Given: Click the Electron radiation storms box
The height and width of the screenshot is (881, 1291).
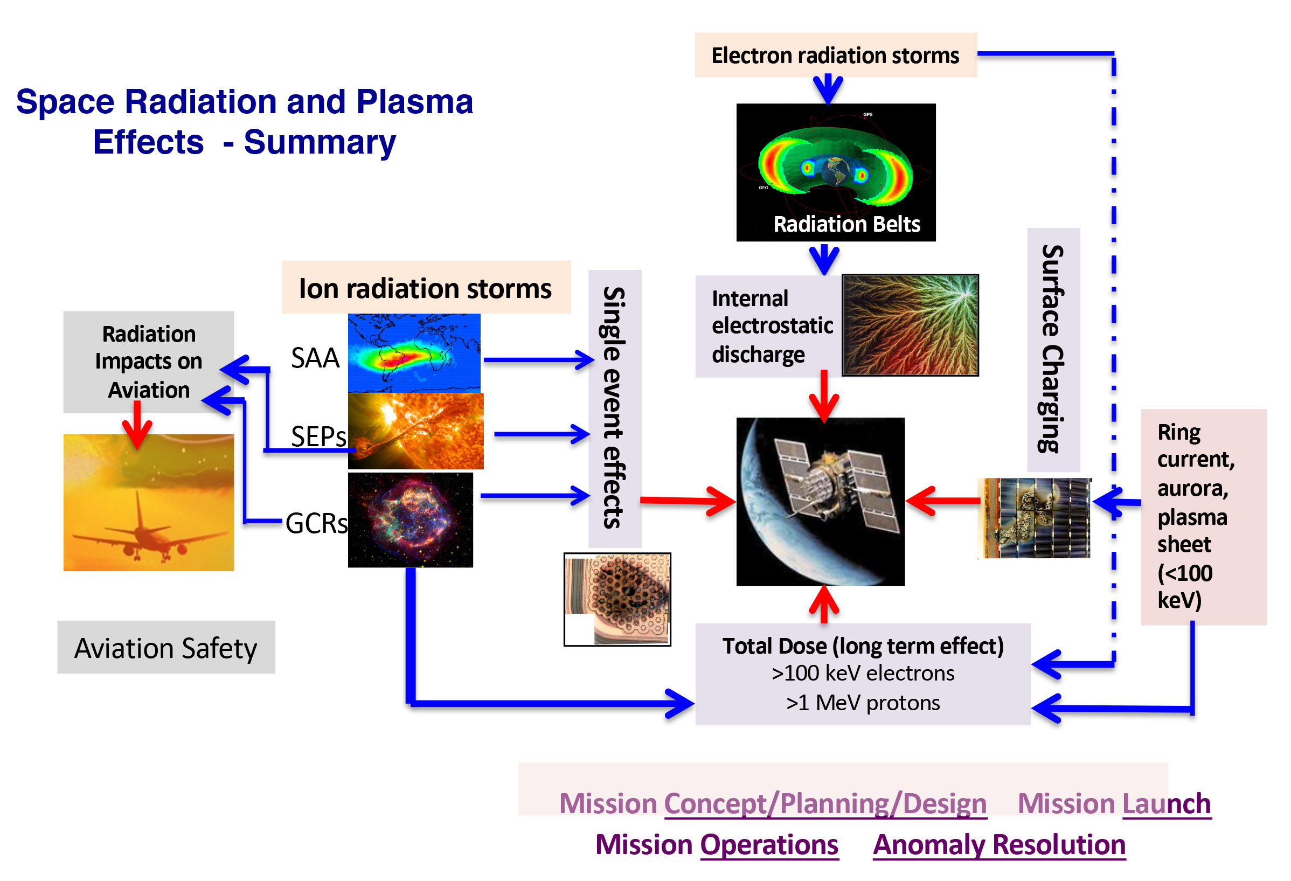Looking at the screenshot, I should tap(835, 55).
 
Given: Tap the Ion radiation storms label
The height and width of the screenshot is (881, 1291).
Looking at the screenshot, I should tap(425, 288).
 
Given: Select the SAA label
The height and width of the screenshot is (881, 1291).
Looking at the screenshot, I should tap(315, 357).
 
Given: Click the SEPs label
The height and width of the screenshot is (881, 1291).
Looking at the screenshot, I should tap(318, 436).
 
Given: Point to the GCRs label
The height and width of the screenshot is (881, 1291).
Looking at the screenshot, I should tap(316, 523).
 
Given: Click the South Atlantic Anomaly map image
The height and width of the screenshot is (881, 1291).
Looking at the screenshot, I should tap(414, 353).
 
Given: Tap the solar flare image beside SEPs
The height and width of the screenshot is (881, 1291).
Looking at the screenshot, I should tap(415, 431).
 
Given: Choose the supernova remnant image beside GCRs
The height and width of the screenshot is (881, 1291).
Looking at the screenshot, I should tap(411, 519).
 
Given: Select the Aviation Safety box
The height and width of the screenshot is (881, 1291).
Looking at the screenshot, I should tap(165, 647).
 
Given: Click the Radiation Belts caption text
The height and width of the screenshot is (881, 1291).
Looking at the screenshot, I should tap(846, 224).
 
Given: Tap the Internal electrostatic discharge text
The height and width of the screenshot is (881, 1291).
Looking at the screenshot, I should tap(772, 326).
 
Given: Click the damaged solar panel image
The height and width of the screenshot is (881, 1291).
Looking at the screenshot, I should tap(1034, 518).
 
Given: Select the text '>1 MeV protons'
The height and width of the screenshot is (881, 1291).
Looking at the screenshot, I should tap(862, 703).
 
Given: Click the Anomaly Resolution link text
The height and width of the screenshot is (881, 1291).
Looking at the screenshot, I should tap(998, 844).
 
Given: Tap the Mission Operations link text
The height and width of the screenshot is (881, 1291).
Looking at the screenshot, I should tap(716, 844).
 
